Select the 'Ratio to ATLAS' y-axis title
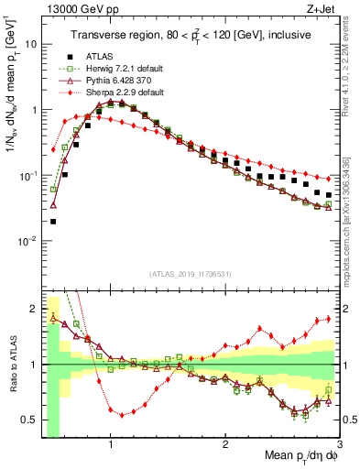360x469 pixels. [x=13, y=365]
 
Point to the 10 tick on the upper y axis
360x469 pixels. [x=32, y=43]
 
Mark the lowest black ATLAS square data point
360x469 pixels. [x=53, y=221]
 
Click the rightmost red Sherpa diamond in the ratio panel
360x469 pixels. [x=329, y=319]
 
